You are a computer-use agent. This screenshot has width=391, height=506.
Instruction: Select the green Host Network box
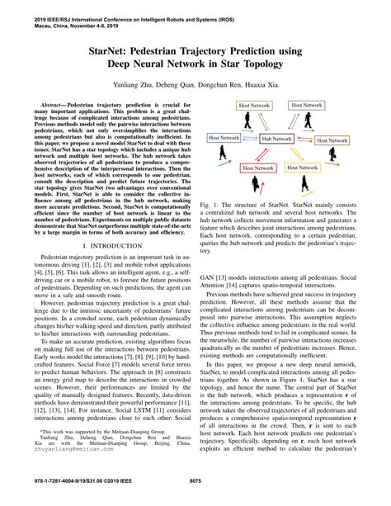pyautogui.click(x=253, y=106)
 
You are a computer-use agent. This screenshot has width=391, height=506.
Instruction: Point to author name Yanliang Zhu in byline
pyautogui.click(x=128, y=86)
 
